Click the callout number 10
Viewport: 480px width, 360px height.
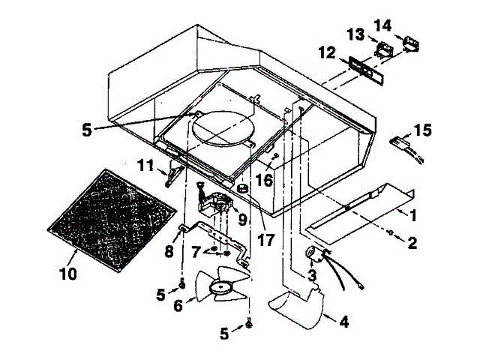[x=67, y=274]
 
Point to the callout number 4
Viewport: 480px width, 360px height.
[x=343, y=323]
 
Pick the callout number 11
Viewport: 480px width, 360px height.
[x=145, y=163]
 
